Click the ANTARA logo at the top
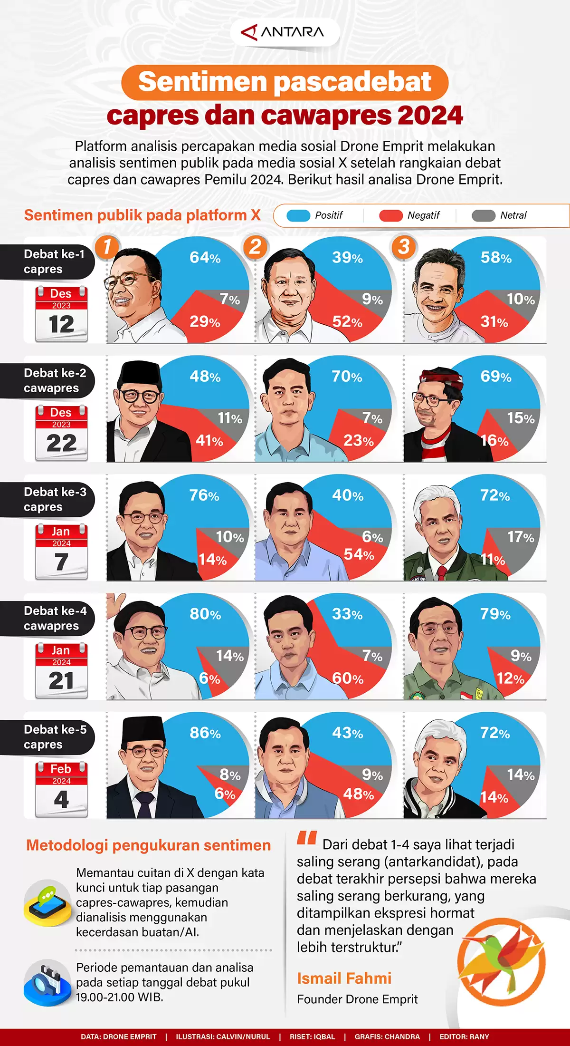pos(284,32)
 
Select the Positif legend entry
pos(315,215)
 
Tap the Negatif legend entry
pos(409,215)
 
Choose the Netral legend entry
pos(499,215)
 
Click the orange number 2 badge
pos(255,247)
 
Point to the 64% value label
pos(205,258)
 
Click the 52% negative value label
pos(347,322)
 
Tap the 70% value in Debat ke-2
pos(347,377)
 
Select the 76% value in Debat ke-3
pos(204,495)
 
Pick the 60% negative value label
pos(348,678)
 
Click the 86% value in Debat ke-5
pos(205,733)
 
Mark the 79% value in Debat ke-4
pos(495,614)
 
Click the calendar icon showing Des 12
pos(61,314)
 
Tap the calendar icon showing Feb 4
pos(61,789)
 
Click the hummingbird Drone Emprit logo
pos(501,962)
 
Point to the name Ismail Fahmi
pos(344,978)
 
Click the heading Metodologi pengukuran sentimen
pos(148,845)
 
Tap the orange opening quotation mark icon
pos(307,838)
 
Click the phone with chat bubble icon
pos(47,902)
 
